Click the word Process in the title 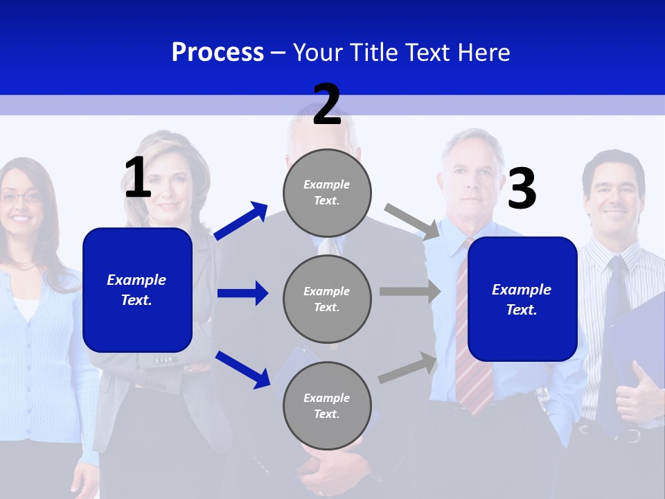click(x=218, y=53)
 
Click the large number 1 click(x=138, y=177)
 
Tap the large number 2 click(x=327, y=105)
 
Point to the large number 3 click(x=522, y=189)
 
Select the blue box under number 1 click(x=137, y=290)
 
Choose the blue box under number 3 click(x=522, y=299)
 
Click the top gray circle click(x=327, y=193)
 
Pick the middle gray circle click(x=327, y=299)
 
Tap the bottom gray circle click(x=327, y=405)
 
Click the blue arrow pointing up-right click(x=241, y=221)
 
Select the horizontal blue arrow click(x=242, y=293)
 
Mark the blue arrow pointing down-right click(x=242, y=369)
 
